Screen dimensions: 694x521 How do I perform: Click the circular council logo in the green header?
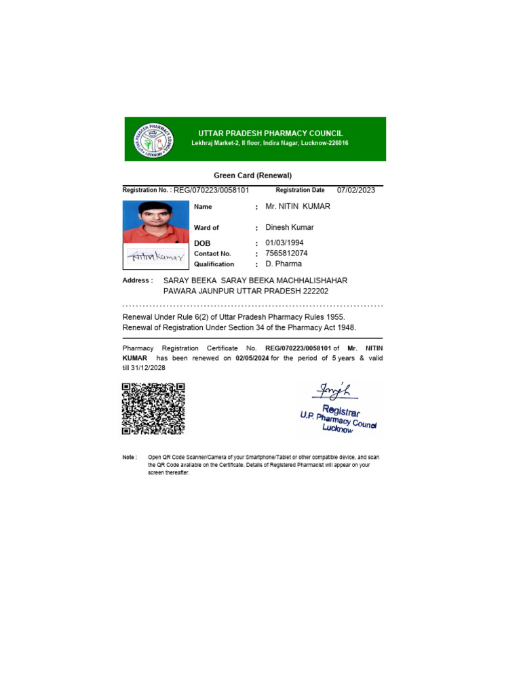click(x=153, y=140)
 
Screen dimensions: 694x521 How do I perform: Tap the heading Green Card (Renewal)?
click(x=253, y=176)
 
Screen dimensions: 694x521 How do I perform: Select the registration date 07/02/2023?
click(x=355, y=190)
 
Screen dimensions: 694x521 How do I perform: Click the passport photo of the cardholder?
click(x=155, y=222)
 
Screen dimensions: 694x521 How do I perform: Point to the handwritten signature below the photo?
click(x=156, y=257)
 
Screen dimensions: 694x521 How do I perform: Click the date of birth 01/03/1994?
click(x=284, y=243)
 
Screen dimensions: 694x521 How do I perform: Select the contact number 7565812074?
click(x=286, y=253)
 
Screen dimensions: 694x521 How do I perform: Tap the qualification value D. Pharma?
click(x=284, y=264)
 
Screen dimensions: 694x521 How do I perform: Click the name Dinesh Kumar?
click(x=289, y=228)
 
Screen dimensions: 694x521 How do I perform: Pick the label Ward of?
click(x=206, y=228)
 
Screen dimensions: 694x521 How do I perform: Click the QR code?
click(x=153, y=409)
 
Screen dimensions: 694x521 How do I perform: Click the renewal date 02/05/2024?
click(x=252, y=359)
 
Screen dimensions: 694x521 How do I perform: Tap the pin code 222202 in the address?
click(x=317, y=291)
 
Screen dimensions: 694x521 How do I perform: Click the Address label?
click(x=137, y=280)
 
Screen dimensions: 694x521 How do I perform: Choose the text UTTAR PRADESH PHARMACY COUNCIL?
click(x=270, y=134)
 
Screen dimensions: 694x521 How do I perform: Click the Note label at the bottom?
click(x=130, y=457)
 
